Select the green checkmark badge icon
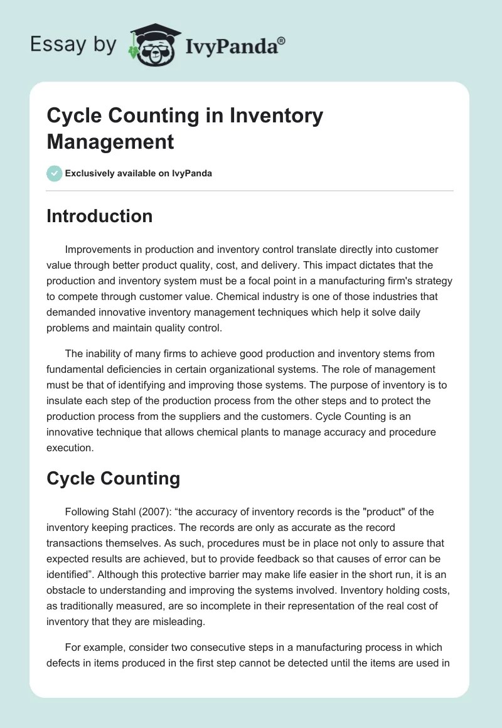click(55, 173)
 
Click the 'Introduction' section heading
click(99, 216)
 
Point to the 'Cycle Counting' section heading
click(113, 479)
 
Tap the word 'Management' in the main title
click(110, 141)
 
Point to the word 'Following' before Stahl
click(87, 512)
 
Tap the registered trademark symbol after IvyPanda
click(282, 40)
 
